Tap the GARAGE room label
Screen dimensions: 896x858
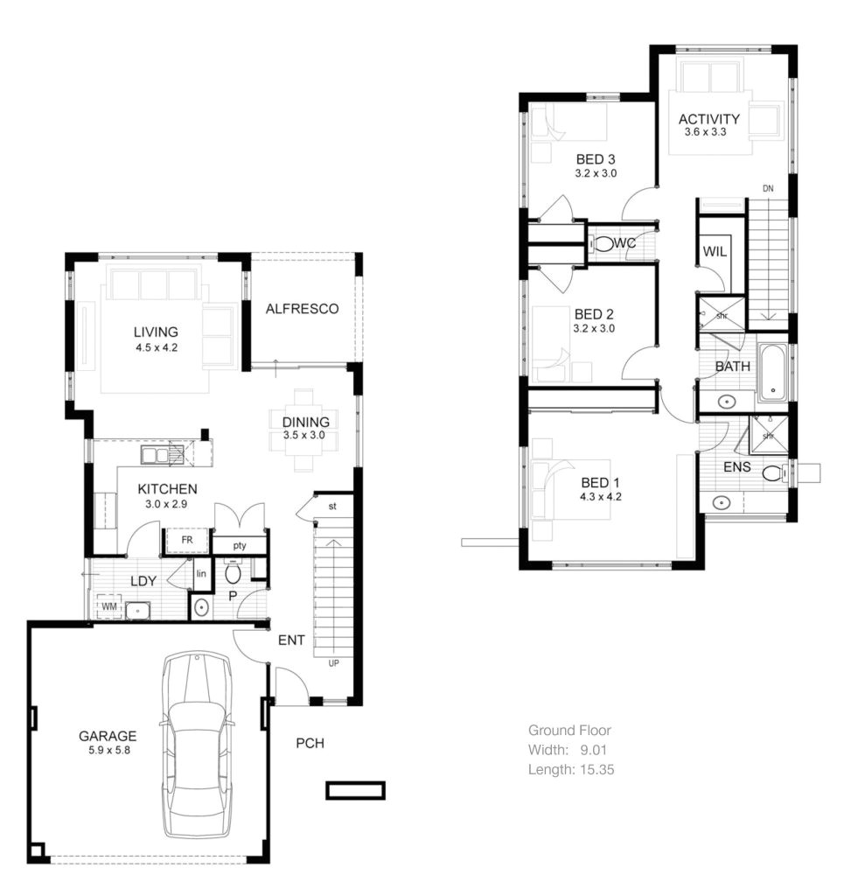108,736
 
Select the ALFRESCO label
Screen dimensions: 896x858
302,309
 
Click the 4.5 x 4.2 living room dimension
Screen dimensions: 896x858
156,347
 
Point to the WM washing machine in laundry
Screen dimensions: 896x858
109,605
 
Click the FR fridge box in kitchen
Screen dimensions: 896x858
186,541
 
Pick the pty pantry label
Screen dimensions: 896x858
239,545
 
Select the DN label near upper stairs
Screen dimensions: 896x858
768,188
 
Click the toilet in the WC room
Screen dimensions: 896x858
603,243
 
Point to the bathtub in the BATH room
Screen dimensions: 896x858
771,373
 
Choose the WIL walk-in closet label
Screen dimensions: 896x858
715,252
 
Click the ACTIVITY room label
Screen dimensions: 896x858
708,119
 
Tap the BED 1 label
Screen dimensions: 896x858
601,482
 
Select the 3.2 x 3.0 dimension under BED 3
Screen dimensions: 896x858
596,173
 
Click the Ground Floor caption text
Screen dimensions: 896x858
569,730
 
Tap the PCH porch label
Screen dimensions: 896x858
310,744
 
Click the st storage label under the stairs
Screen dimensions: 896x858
332,506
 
